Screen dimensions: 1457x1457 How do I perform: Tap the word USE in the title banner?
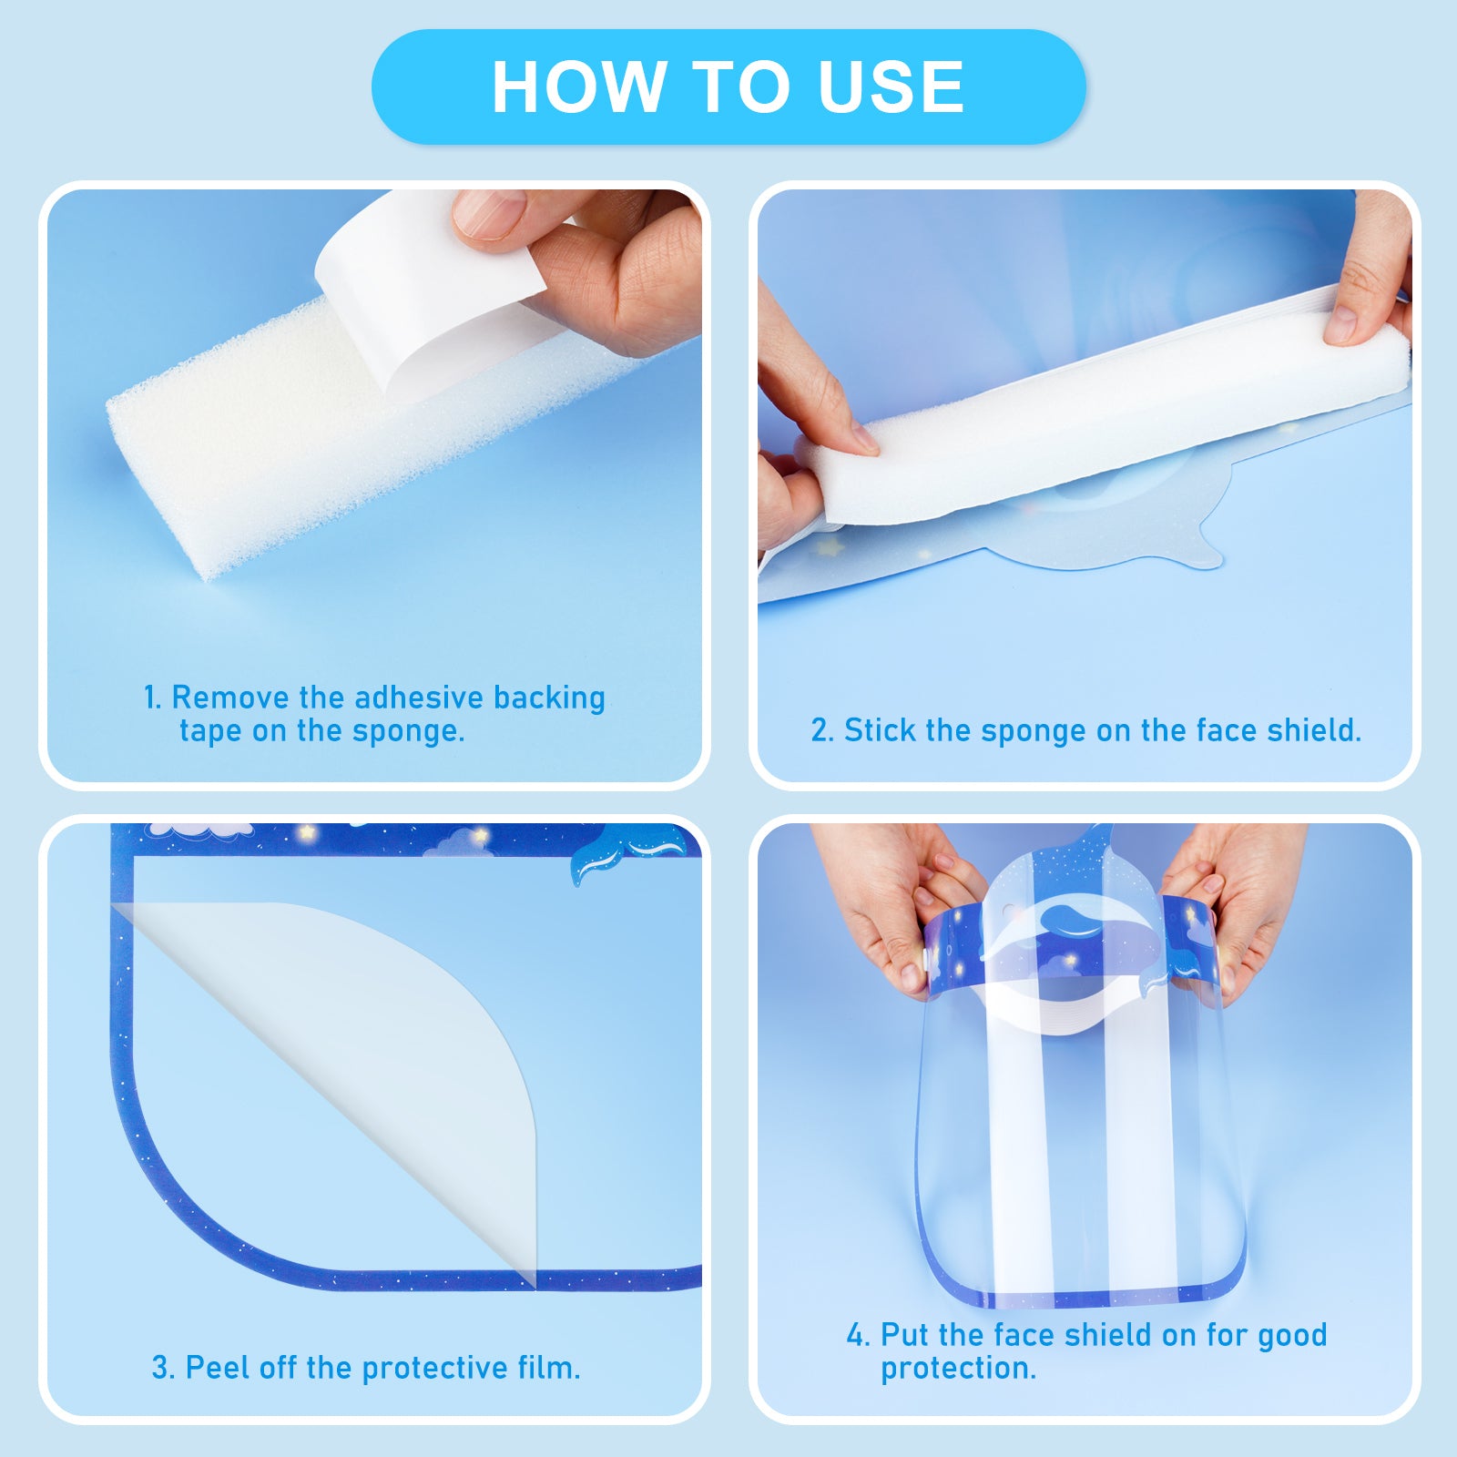point(891,87)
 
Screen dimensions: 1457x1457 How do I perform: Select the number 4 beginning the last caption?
point(857,1335)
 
